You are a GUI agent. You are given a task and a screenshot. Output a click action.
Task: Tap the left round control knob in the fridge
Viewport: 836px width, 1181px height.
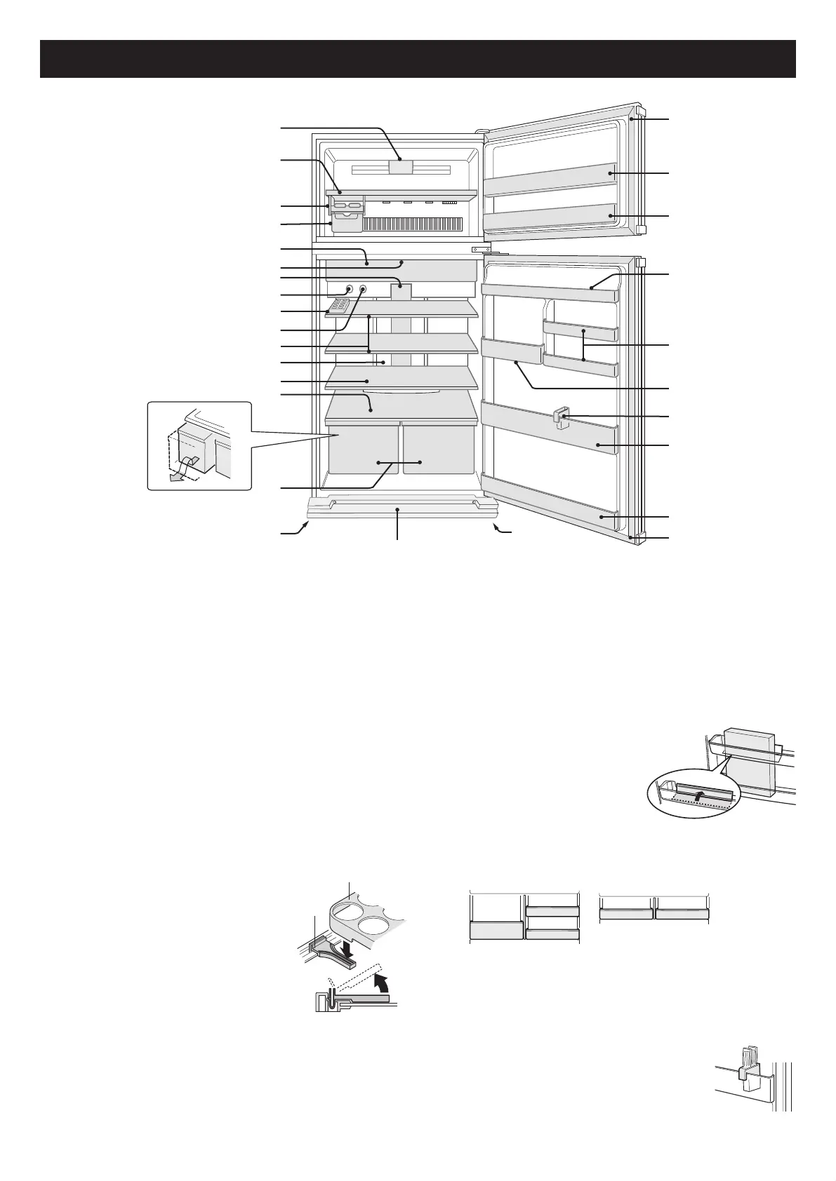pyautogui.click(x=349, y=289)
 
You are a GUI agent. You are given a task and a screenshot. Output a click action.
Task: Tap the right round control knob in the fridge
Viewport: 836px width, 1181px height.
pyautogui.click(x=363, y=289)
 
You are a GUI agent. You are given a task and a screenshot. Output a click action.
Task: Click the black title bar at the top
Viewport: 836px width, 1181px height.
pyautogui.click(x=418, y=59)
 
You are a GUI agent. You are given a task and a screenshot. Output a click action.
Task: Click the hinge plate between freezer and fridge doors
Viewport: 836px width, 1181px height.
pyautogui.click(x=481, y=249)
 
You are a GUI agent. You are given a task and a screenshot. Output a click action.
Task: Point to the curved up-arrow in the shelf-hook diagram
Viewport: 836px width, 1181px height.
pyautogui.click(x=381, y=979)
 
